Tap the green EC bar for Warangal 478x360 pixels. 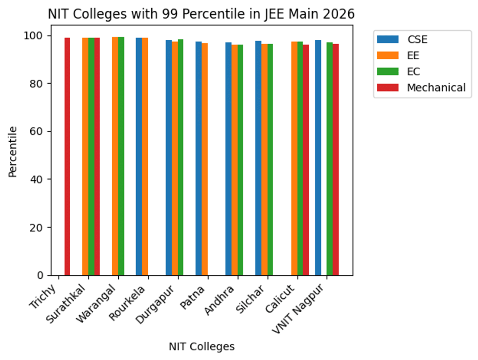pyautogui.click(x=121, y=156)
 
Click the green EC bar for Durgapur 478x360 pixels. pyautogui.click(x=180, y=157)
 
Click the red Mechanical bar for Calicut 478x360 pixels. pyautogui.click(x=306, y=160)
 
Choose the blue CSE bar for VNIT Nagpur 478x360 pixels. pyautogui.click(x=318, y=157)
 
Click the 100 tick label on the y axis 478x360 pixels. pyautogui.click(x=33, y=35)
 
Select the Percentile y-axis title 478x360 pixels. pyautogui.click(x=13, y=152)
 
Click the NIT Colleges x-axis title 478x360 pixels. pyautogui.click(x=202, y=346)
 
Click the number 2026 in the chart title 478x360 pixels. pyautogui.click(x=338, y=14)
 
